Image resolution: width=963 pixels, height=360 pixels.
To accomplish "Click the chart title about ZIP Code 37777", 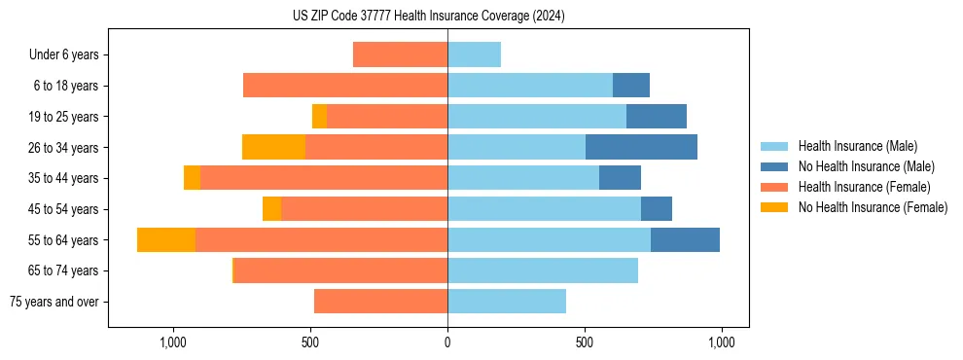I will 428,17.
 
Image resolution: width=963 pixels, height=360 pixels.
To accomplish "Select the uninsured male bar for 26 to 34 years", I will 641,147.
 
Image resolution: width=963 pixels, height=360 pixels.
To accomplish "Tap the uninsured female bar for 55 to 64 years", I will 166,239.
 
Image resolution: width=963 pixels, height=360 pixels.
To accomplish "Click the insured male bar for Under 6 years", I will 474,54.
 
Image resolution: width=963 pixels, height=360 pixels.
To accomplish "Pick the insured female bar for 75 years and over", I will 380,302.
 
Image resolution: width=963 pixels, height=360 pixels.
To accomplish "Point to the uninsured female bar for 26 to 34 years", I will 273,147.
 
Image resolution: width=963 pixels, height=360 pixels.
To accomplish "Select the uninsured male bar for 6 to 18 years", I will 631,86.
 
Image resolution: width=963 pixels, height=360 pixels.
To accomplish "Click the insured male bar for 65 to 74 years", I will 543,270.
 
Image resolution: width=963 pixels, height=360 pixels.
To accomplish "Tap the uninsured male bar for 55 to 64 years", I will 685,239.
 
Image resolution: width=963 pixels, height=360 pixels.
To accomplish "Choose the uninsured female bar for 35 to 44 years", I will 192,178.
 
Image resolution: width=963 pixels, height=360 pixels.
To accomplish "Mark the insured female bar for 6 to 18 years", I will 345,86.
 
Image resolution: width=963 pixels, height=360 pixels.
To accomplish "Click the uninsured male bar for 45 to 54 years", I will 657,209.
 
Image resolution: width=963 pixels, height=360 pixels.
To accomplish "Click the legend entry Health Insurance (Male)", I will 857,146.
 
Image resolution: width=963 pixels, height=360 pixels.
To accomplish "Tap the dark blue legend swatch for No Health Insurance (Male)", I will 774,166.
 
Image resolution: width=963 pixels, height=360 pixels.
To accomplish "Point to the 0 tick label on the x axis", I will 447,342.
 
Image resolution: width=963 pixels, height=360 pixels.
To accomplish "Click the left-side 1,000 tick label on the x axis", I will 172,342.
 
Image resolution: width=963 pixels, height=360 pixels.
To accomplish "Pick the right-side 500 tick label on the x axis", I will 585,342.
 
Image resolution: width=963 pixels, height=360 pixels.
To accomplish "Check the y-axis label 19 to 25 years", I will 64,117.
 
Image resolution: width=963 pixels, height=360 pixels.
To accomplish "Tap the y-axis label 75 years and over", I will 54,302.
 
